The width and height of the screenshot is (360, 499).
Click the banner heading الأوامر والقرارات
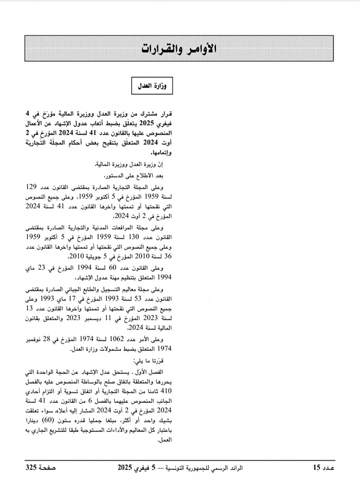click(179, 48)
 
